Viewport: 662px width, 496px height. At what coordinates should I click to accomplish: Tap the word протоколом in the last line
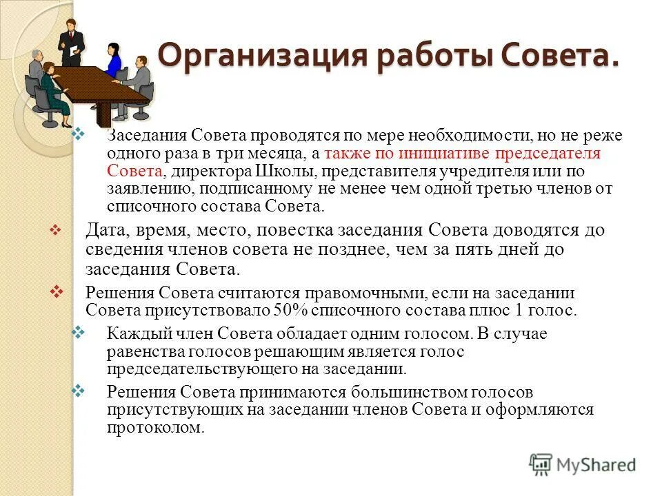(x=155, y=426)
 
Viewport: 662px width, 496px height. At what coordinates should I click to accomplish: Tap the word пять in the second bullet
(x=483, y=249)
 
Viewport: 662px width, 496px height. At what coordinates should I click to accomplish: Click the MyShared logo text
(x=596, y=465)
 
